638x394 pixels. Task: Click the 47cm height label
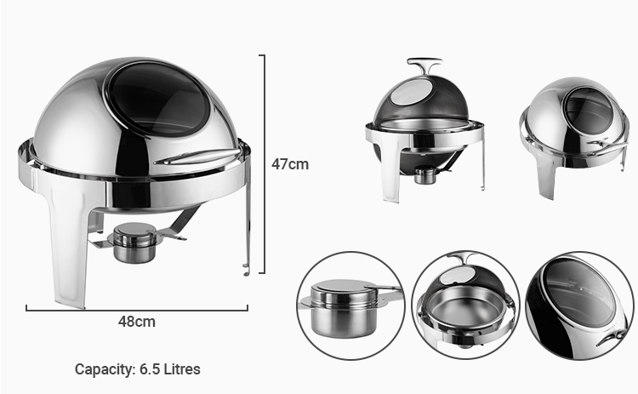[x=290, y=164]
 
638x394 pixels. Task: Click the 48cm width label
[x=136, y=322]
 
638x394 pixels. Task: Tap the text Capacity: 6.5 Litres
[x=137, y=369]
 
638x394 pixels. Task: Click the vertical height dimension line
[x=265, y=162]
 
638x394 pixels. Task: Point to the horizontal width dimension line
[x=136, y=308]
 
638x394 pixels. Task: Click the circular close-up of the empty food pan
[x=464, y=304]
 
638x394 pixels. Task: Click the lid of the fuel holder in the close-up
[x=341, y=291]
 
